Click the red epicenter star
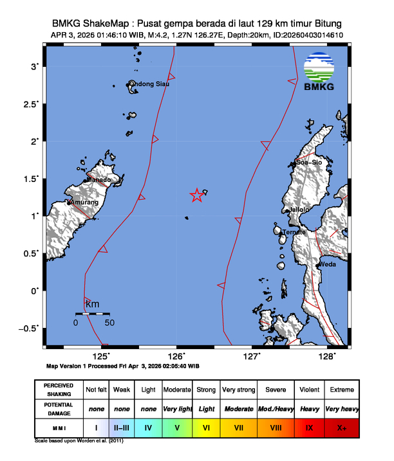(x=197, y=196)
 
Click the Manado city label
(x=98, y=180)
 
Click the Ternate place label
(x=293, y=232)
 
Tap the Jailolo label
(x=299, y=210)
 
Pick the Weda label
(x=328, y=264)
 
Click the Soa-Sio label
(x=308, y=163)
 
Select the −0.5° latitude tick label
(x=29, y=328)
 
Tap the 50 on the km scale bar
(x=109, y=322)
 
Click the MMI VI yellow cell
(x=207, y=427)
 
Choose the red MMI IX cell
(x=310, y=427)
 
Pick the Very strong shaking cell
(x=238, y=390)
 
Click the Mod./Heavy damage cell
(x=276, y=408)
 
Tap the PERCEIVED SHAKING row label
(x=59, y=390)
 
